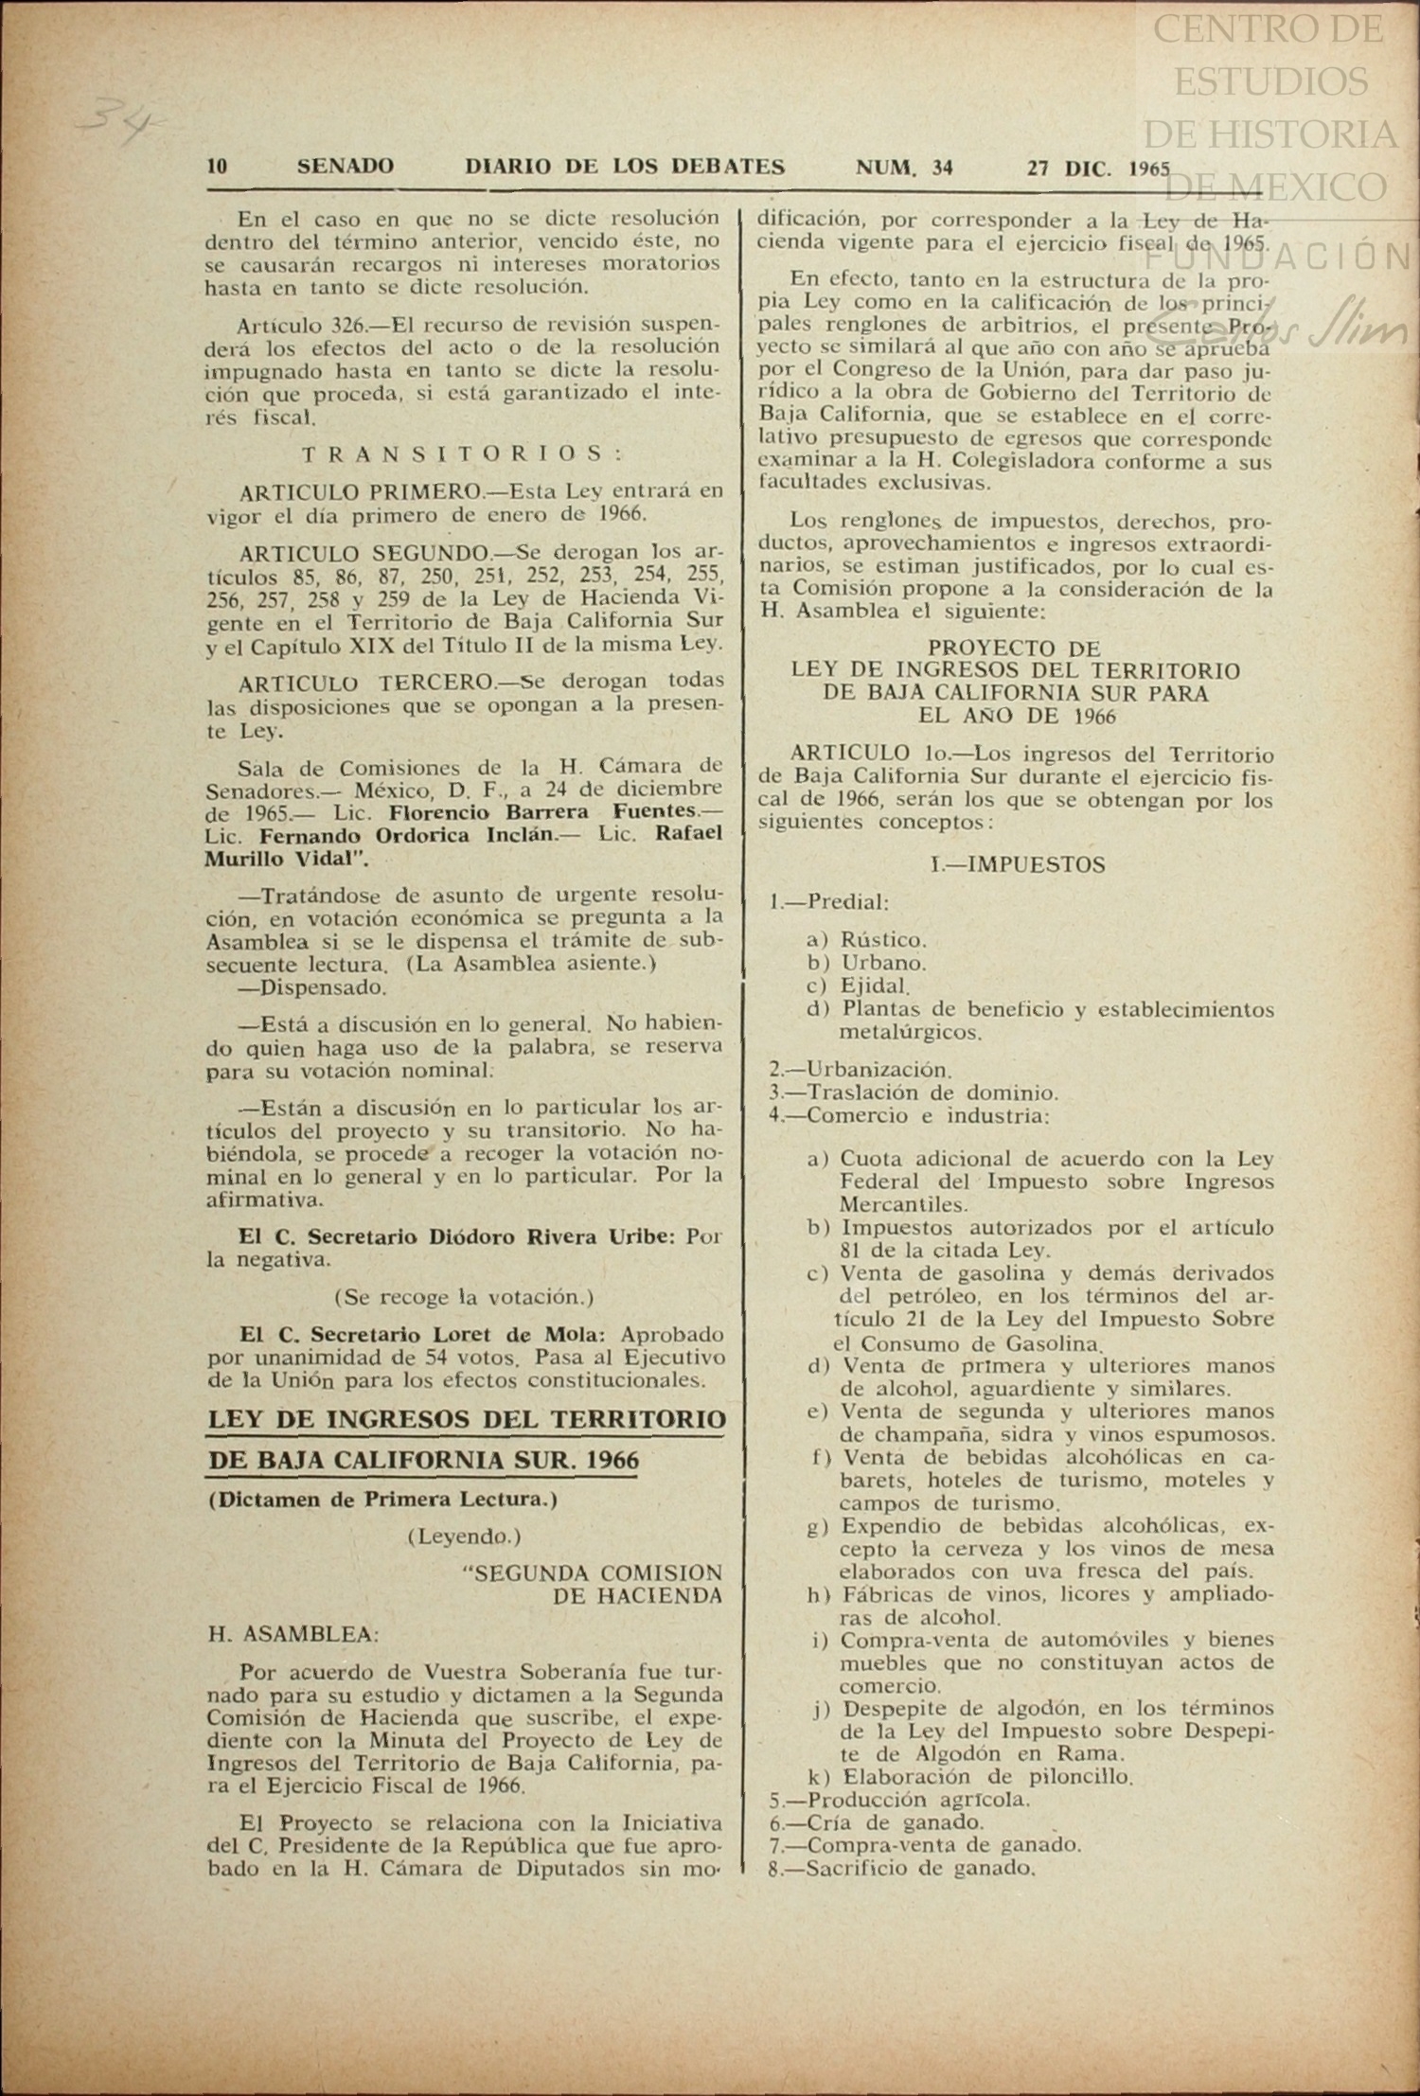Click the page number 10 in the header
click(x=217, y=167)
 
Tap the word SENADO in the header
click(x=346, y=167)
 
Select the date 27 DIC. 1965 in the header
click(x=1098, y=169)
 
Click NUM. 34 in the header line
click(x=904, y=168)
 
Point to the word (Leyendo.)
click(x=464, y=1536)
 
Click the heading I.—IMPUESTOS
click(x=1018, y=864)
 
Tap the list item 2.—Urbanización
click(x=860, y=1070)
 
